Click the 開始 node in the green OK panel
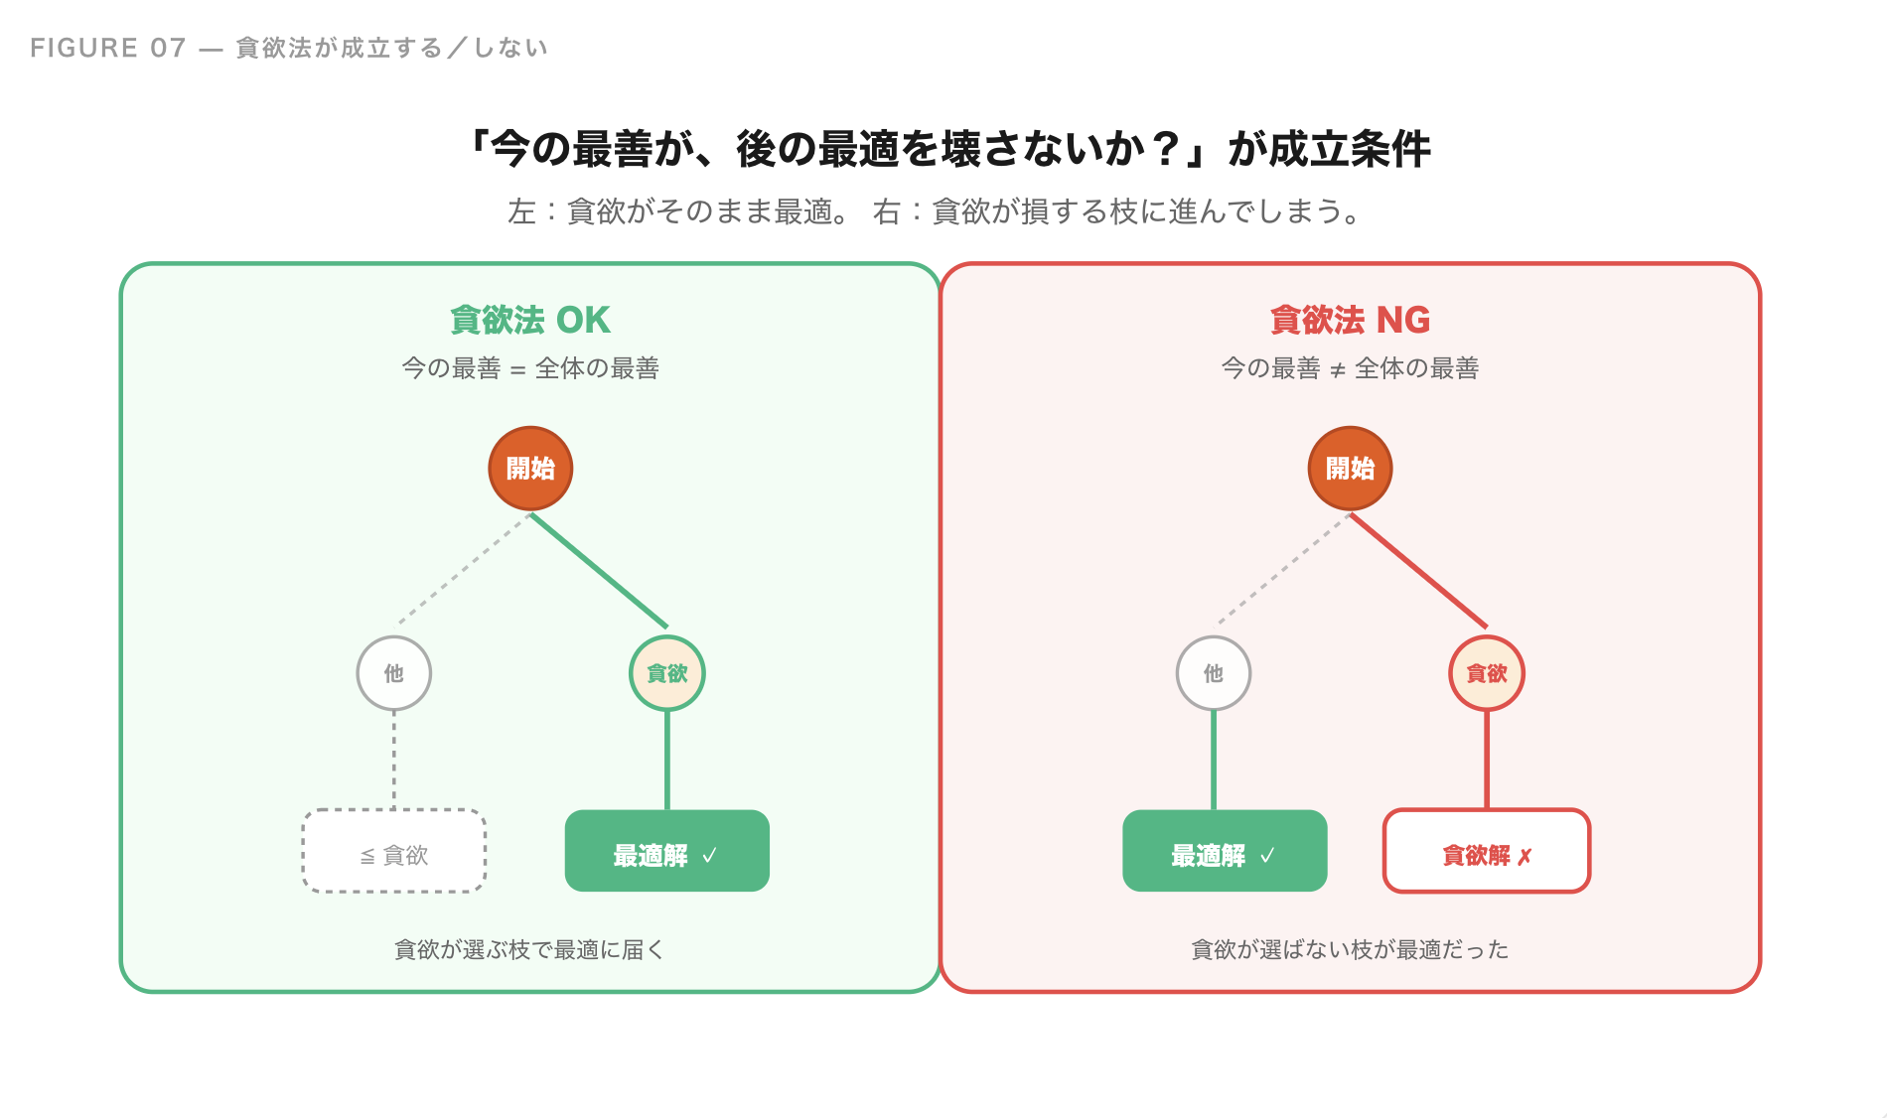point(530,469)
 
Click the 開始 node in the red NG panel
point(1350,469)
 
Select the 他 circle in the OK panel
point(394,673)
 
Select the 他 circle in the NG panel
point(1213,673)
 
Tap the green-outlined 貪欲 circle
point(667,673)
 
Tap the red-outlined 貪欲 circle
point(1487,673)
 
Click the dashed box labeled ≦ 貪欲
point(394,852)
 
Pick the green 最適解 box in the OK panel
point(666,852)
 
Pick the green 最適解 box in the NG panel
point(1225,852)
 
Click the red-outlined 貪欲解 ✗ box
point(1487,852)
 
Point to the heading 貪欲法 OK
point(530,321)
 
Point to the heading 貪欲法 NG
point(1350,321)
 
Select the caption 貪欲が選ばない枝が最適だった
point(1350,950)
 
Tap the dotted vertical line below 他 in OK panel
point(394,760)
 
